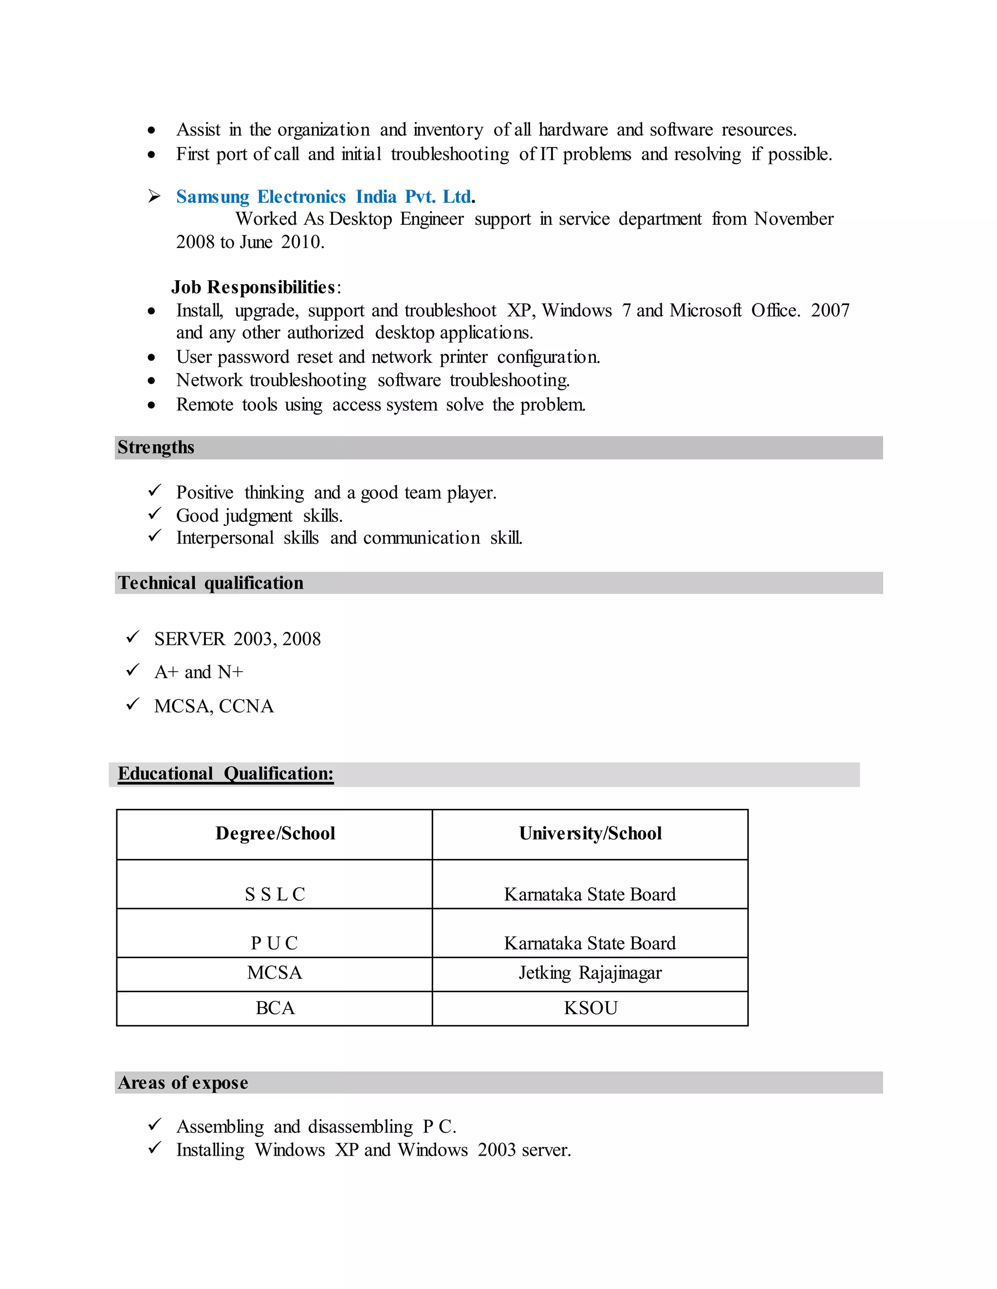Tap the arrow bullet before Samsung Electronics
pos(154,196)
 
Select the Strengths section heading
pos(156,448)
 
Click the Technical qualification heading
pos(210,583)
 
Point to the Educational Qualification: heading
pos(225,774)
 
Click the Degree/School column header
pos(275,833)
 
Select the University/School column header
pos(590,833)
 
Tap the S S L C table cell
pos(275,894)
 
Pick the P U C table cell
pos(275,943)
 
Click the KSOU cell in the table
pos(590,1008)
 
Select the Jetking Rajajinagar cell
pos(590,973)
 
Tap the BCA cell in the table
pos(275,1008)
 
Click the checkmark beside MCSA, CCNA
pos(133,704)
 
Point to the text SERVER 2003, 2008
pos(238,639)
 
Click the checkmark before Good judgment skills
pos(155,514)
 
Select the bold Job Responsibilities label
pos(254,287)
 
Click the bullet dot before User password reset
pos(152,358)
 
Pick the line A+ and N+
pos(199,672)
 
